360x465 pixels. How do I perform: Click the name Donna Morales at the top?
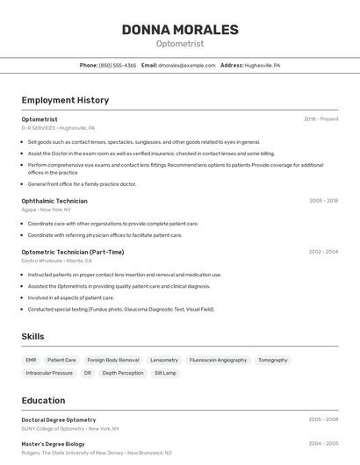180,30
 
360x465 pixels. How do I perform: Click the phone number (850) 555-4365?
117,65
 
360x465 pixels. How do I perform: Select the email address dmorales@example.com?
186,65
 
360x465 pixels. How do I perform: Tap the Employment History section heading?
65,100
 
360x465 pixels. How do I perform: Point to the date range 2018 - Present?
320,118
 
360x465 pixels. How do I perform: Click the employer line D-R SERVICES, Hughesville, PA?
58,127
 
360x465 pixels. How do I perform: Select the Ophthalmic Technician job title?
54,201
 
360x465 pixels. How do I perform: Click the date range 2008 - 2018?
323,201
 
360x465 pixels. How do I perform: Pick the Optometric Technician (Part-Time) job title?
73,252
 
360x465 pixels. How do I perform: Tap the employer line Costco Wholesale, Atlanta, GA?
57,261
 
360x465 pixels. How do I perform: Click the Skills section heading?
32,336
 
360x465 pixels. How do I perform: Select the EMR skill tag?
31,360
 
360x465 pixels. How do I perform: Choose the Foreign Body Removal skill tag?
113,360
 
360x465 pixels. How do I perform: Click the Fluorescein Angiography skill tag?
218,360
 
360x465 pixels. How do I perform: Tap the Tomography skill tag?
272,360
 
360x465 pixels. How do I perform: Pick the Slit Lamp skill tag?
165,373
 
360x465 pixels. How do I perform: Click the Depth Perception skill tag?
123,373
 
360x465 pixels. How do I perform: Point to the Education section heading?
43,400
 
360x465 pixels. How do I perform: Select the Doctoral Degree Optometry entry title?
59,419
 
